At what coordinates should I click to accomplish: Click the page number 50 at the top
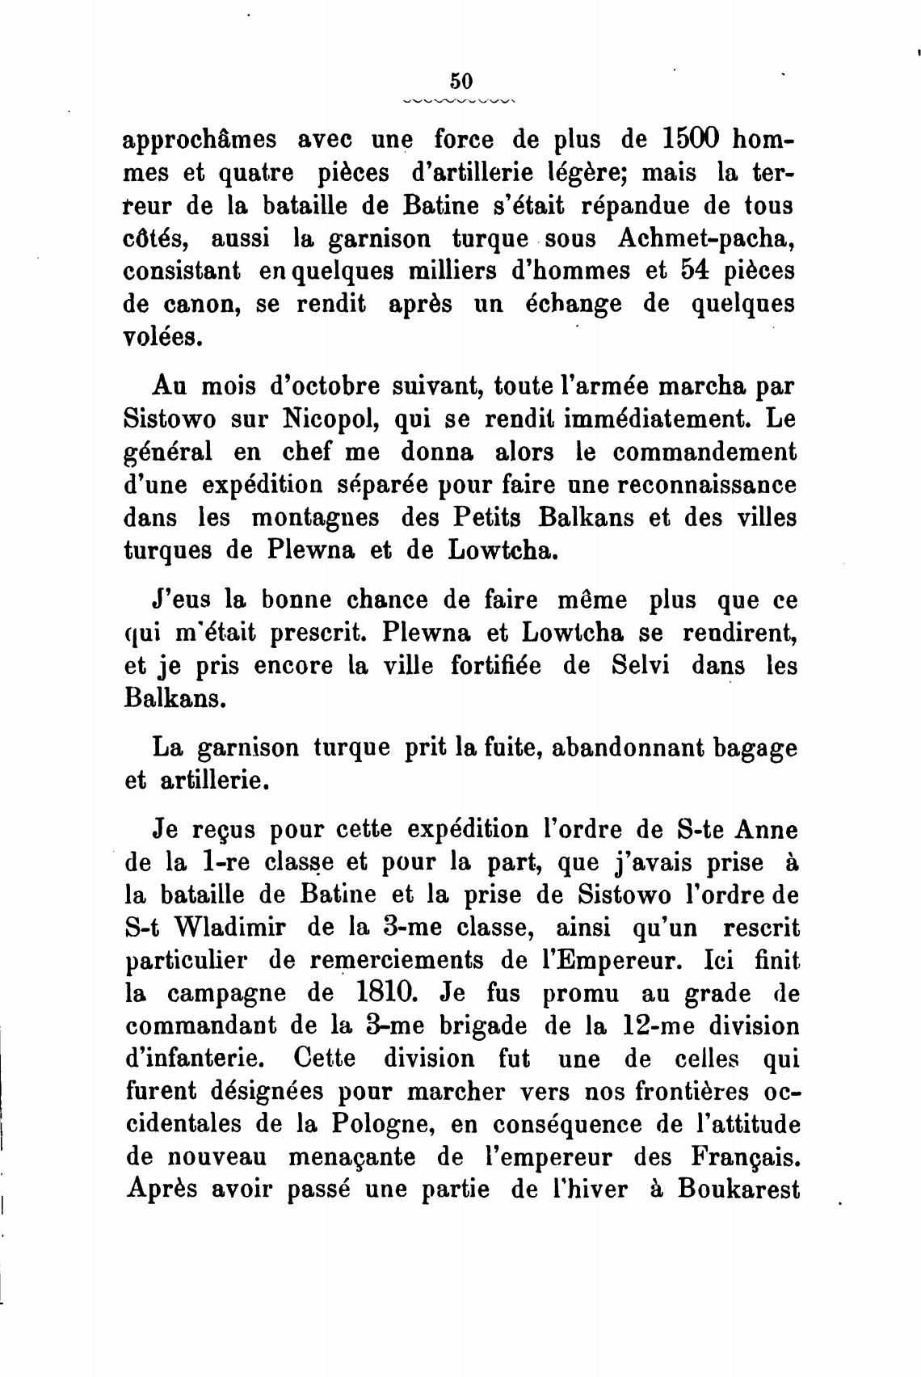click(460, 81)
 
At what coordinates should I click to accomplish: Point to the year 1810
click(381, 993)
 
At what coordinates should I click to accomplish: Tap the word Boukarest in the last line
click(738, 1190)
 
